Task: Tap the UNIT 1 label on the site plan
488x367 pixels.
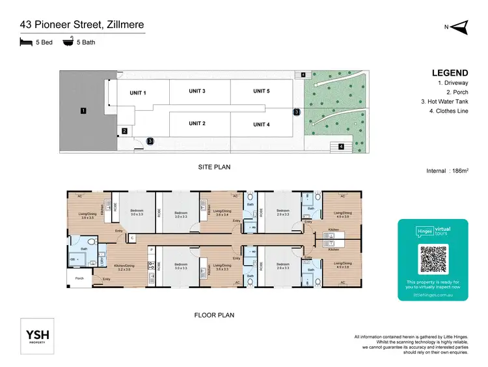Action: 137,93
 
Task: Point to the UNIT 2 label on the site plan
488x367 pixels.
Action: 197,123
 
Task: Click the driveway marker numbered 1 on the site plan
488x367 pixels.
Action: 83,111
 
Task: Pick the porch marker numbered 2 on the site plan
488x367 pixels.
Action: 124,131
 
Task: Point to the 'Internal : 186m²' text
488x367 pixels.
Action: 446,171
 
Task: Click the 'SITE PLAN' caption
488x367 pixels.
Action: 214,167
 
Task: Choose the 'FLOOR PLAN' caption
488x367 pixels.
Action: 214,315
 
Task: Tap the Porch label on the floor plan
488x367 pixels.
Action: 79,278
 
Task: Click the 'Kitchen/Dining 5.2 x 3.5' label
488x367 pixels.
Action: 123,267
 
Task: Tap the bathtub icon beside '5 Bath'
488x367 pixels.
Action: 68,42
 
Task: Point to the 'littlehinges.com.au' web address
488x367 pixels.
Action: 433,294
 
